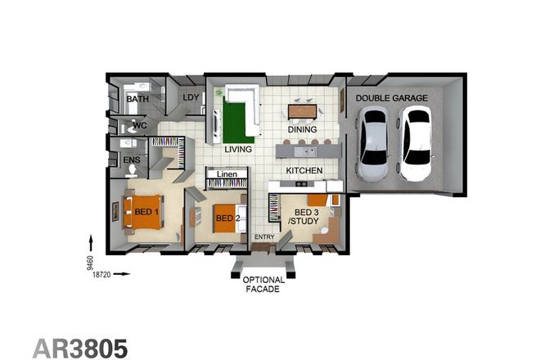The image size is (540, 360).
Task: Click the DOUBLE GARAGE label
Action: (x=390, y=98)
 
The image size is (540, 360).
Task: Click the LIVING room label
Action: (x=238, y=150)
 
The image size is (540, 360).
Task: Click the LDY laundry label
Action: (x=191, y=98)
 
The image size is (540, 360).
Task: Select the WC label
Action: (x=140, y=126)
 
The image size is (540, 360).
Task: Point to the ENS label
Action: (x=131, y=160)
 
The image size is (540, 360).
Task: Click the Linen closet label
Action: (x=227, y=174)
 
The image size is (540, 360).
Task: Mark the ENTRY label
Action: (x=263, y=237)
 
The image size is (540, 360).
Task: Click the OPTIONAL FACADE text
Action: (x=264, y=284)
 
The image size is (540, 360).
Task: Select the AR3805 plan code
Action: (x=80, y=347)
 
